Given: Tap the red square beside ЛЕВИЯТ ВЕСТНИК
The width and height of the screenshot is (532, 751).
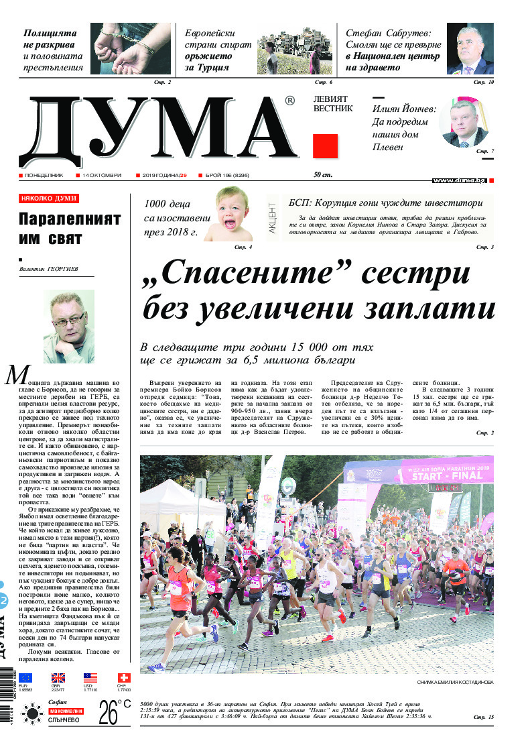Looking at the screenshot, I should pyautogui.click(x=326, y=146).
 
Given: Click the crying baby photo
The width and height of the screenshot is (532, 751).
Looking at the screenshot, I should pyautogui.click(x=228, y=215).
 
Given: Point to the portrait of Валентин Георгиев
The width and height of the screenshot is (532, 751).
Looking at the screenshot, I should pyautogui.click(x=69, y=327).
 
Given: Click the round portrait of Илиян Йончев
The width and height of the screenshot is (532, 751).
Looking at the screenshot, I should pyautogui.click(x=464, y=122).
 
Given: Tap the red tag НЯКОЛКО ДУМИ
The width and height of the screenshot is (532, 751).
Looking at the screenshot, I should pyautogui.click(x=49, y=198).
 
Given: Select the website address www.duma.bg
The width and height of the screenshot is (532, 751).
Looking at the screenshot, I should pyautogui.click(x=459, y=180).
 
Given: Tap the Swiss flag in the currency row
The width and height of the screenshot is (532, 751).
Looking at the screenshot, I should pyautogui.click(x=123, y=678).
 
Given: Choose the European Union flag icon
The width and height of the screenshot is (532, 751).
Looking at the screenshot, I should pyautogui.click(x=25, y=678).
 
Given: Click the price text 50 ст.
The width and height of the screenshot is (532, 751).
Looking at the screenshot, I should pyautogui.click(x=323, y=175).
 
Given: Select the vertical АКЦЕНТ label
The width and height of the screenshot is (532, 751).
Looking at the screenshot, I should pyautogui.click(x=272, y=218).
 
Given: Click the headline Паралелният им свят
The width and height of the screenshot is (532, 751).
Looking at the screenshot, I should pyautogui.click(x=69, y=229).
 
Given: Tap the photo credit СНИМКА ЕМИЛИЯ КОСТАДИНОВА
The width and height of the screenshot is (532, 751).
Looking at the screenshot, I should pyautogui.click(x=454, y=681).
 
